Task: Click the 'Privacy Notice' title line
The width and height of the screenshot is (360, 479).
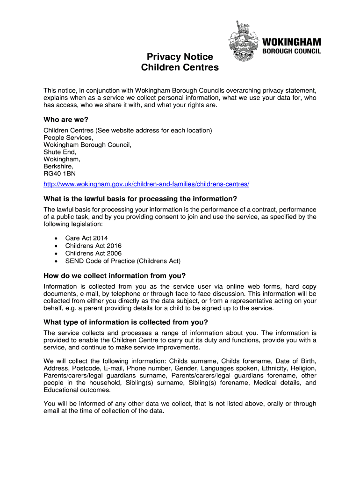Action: pyautogui.click(x=180, y=57)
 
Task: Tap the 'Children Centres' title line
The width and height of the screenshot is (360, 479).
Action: pyautogui.click(x=180, y=67)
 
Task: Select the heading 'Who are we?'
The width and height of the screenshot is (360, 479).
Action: pyautogui.click(x=66, y=119)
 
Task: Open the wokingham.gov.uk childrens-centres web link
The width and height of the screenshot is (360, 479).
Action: pyautogui.click(x=146, y=184)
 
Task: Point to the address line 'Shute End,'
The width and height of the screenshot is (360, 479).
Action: pyautogui.click(x=60, y=152)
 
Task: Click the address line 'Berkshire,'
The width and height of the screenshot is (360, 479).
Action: pyautogui.click(x=58, y=167)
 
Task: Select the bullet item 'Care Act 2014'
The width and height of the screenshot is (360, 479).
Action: pyautogui.click(x=86, y=239)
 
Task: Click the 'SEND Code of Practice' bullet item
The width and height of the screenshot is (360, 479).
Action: pyautogui.click(x=122, y=261)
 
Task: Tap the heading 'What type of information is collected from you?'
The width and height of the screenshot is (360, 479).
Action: pyautogui.click(x=126, y=322)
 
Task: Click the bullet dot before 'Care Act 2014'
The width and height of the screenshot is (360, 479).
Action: pyautogui.click(x=56, y=239)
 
